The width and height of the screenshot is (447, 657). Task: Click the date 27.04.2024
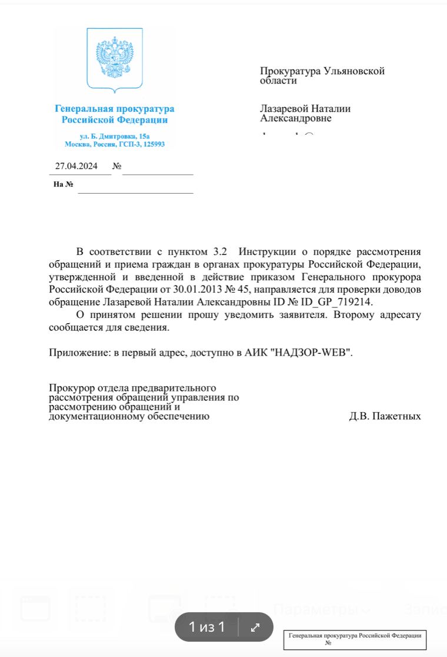pos(76,166)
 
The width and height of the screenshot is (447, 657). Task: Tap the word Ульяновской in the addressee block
pos(355,71)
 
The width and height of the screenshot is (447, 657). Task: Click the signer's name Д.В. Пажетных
pos(385,416)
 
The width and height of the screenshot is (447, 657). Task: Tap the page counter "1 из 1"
pos(206,627)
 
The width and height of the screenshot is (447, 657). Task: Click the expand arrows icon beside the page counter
pos(255,627)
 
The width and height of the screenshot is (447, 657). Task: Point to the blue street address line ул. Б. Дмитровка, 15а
pos(115,136)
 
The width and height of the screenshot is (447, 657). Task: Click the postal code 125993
pos(153,144)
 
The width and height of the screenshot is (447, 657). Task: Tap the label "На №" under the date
pos(63,184)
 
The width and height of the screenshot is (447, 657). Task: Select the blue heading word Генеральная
pos(82,109)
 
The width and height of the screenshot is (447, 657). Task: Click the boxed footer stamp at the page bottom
pos(355,639)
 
